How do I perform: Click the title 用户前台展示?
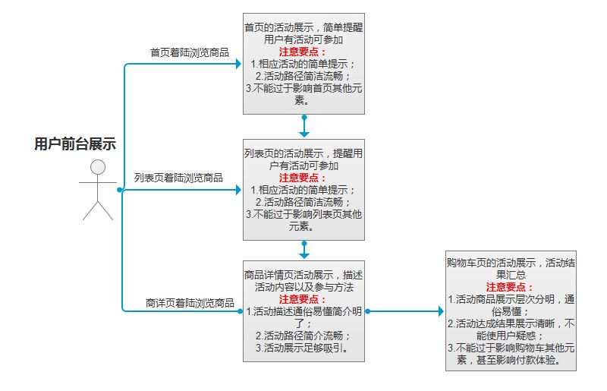click(75, 144)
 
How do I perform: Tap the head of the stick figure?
click(97, 167)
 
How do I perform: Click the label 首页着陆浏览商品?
click(189, 52)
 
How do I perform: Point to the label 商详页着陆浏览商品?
click(189, 303)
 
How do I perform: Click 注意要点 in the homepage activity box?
click(303, 52)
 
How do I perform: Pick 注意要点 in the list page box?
click(303, 178)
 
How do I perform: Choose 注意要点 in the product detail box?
click(303, 299)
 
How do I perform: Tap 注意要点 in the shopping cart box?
click(510, 287)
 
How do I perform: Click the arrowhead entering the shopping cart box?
click(440, 311)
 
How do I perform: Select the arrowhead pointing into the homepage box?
click(237, 64)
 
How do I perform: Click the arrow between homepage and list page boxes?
click(303, 127)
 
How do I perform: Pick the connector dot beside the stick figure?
click(120, 190)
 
